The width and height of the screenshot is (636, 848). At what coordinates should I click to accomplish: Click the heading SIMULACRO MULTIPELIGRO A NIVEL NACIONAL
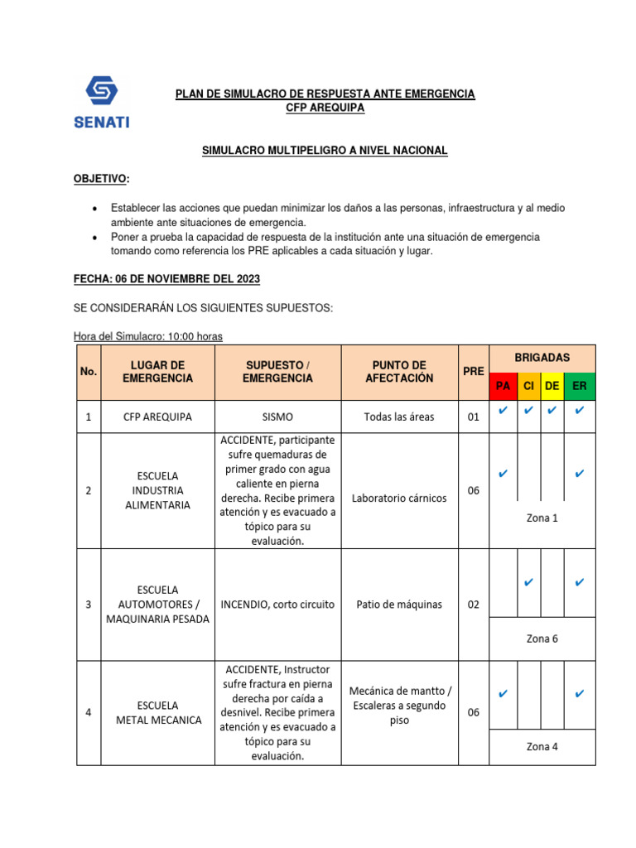tap(325, 150)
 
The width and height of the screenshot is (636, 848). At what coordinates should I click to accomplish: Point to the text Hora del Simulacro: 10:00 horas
tap(148, 336)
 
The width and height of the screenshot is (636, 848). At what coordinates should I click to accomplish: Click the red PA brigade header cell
tap(503, 387)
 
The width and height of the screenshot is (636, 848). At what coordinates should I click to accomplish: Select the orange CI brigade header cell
tap(528, 387)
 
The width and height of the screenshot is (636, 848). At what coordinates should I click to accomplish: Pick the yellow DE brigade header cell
tap(552, 387)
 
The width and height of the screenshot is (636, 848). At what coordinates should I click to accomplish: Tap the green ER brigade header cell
tap(579, 387)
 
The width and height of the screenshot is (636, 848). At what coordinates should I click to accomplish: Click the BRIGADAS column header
tap(542, 357)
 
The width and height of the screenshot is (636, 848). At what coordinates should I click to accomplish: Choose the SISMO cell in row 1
tap(277, 417)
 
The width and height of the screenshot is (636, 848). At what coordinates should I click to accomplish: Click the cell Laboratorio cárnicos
tap(399, 499)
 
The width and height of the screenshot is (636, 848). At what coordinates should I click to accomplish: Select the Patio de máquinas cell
tap(399, 605)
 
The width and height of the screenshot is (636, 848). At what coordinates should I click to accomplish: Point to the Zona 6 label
tap(542, 638)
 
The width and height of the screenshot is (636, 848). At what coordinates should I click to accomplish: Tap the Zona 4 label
tap(542, 746)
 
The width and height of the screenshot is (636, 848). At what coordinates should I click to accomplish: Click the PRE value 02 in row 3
tap(473, 605)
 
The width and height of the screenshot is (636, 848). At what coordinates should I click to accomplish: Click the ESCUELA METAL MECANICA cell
tap(158, 712)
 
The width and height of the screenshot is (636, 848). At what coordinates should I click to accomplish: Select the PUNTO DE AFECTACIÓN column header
tap(399, 372)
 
